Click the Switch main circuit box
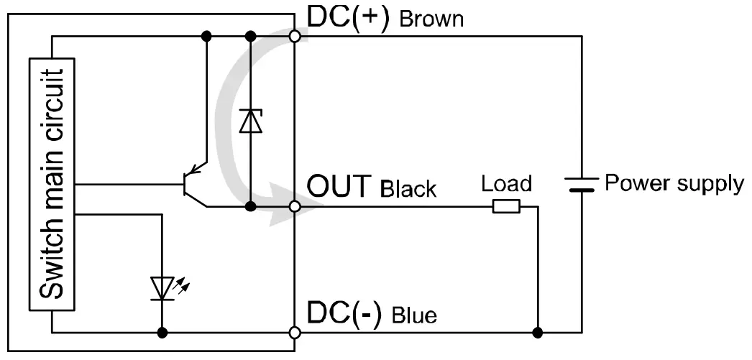(52, 184)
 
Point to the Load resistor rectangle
(506, 207)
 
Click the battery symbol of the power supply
(579, 184)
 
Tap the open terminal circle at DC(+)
(294, 36)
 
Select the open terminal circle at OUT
(294, 206)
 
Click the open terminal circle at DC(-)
(294, 333)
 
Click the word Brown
(431, 19)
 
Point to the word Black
(408, 189)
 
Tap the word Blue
(414, 315)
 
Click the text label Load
(506, 184)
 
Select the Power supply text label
(674, 183)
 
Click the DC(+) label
(348, 17)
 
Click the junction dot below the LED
(163, 333)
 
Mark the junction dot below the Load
(538, 333)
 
